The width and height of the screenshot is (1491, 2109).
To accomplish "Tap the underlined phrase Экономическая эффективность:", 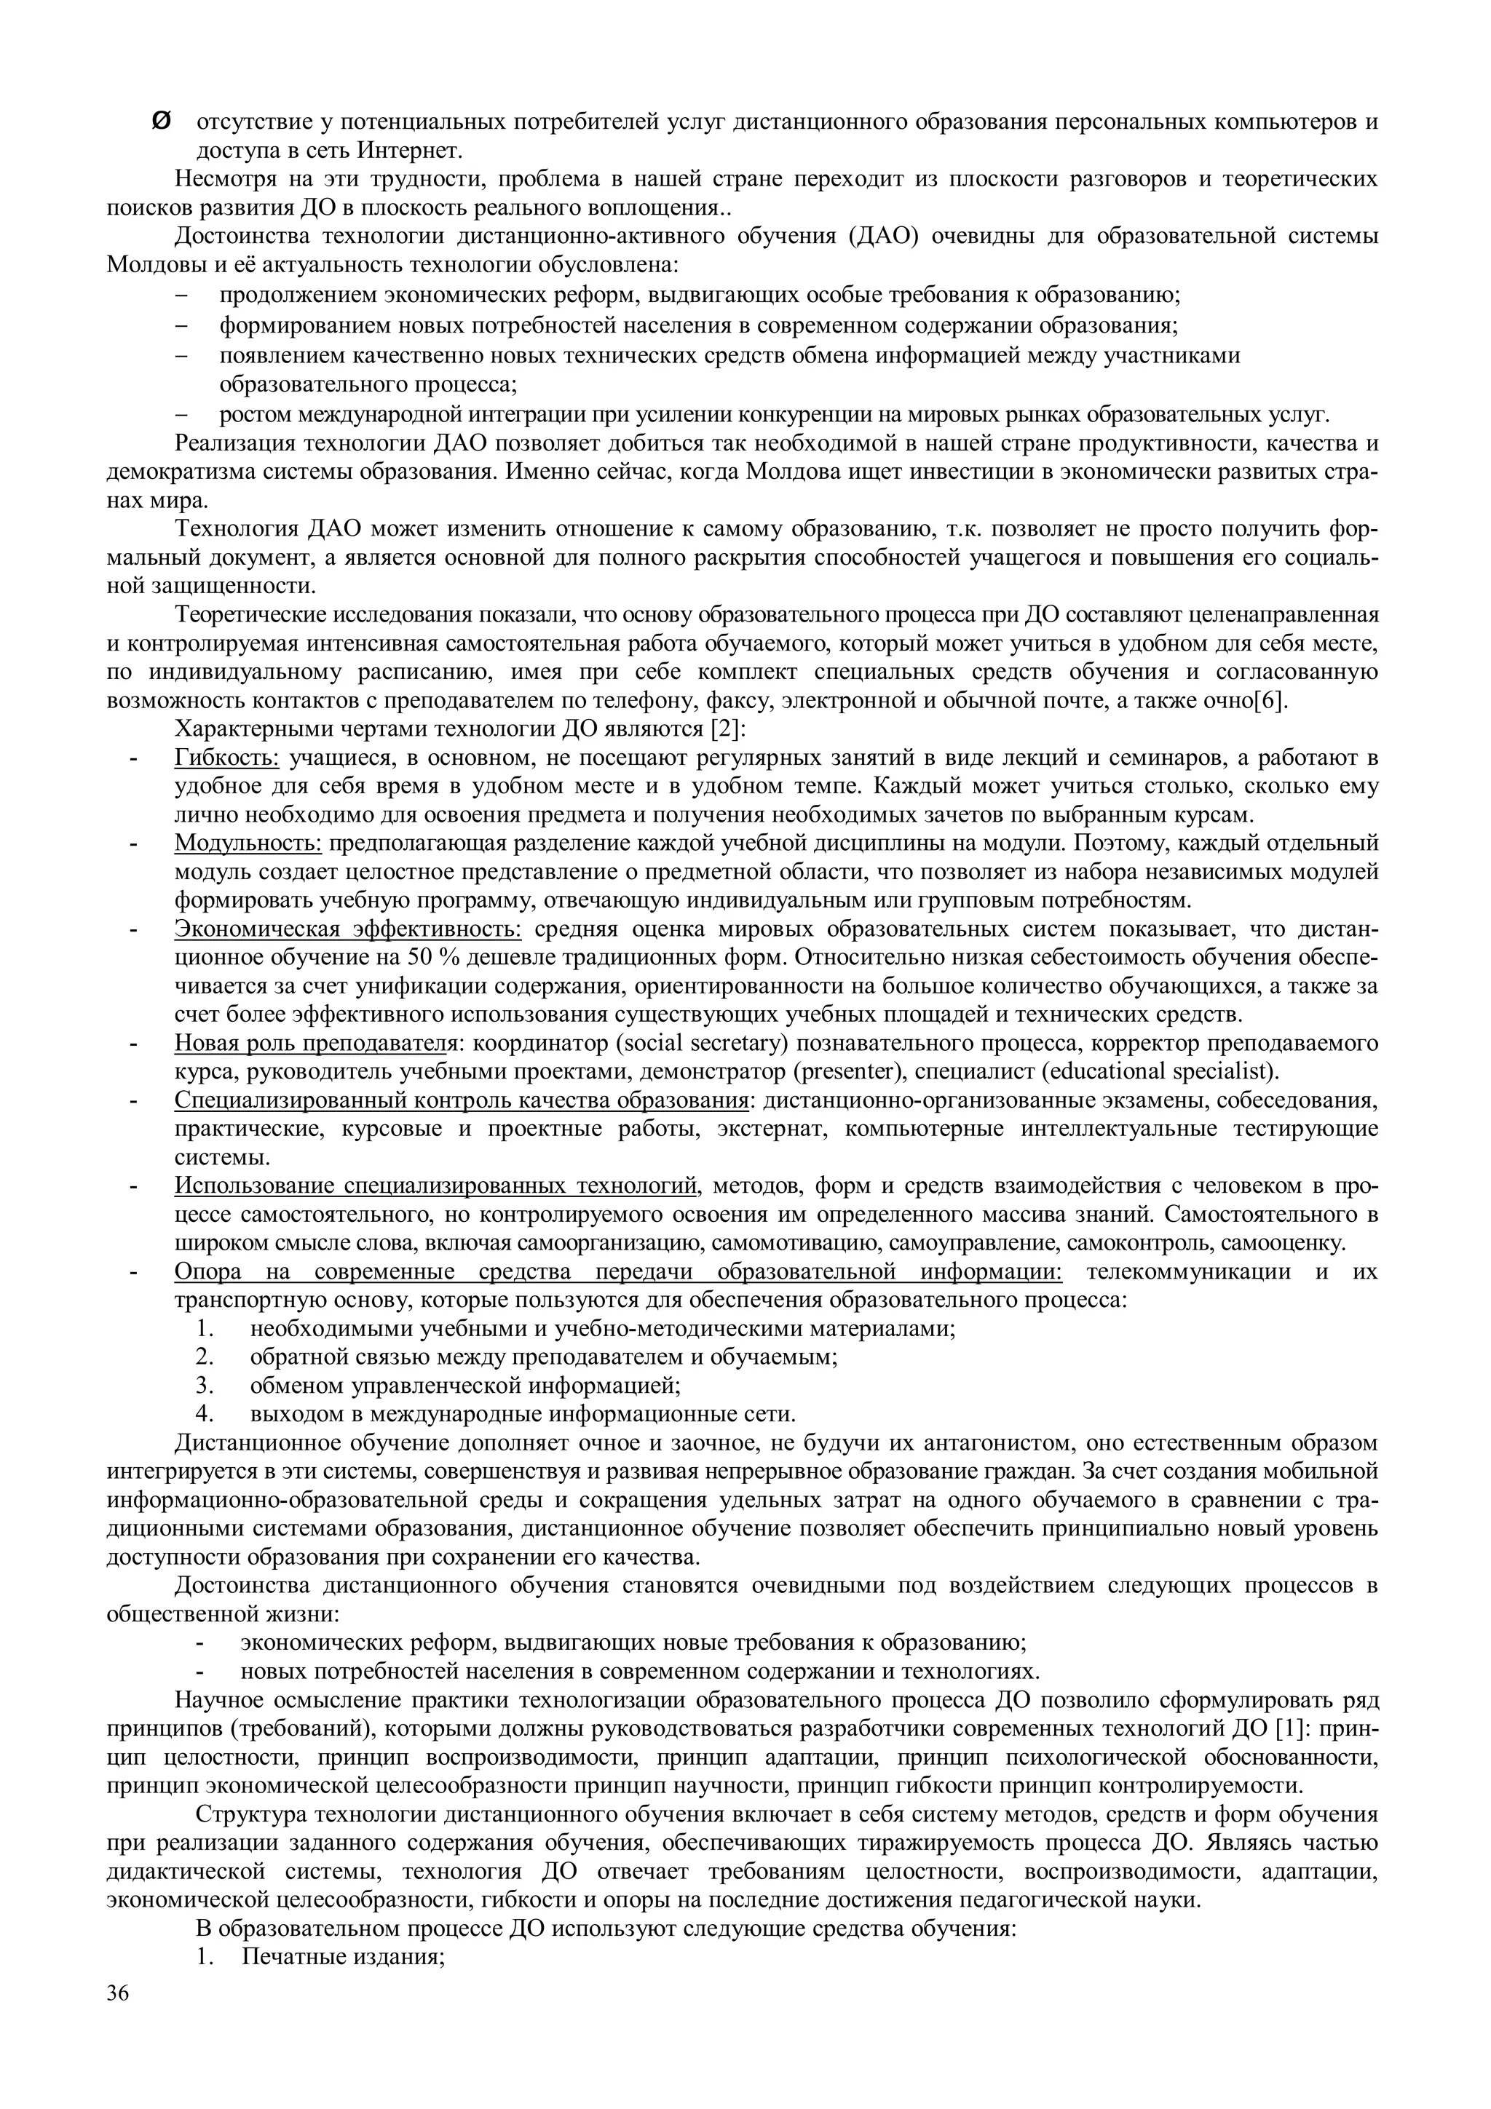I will coord(348,929).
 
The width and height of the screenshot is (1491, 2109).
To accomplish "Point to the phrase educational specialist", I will coord(1165,1071).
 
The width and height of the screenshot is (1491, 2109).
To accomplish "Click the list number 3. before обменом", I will coord(204,1384).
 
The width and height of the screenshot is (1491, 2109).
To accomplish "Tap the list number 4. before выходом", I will coord(204,1413).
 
